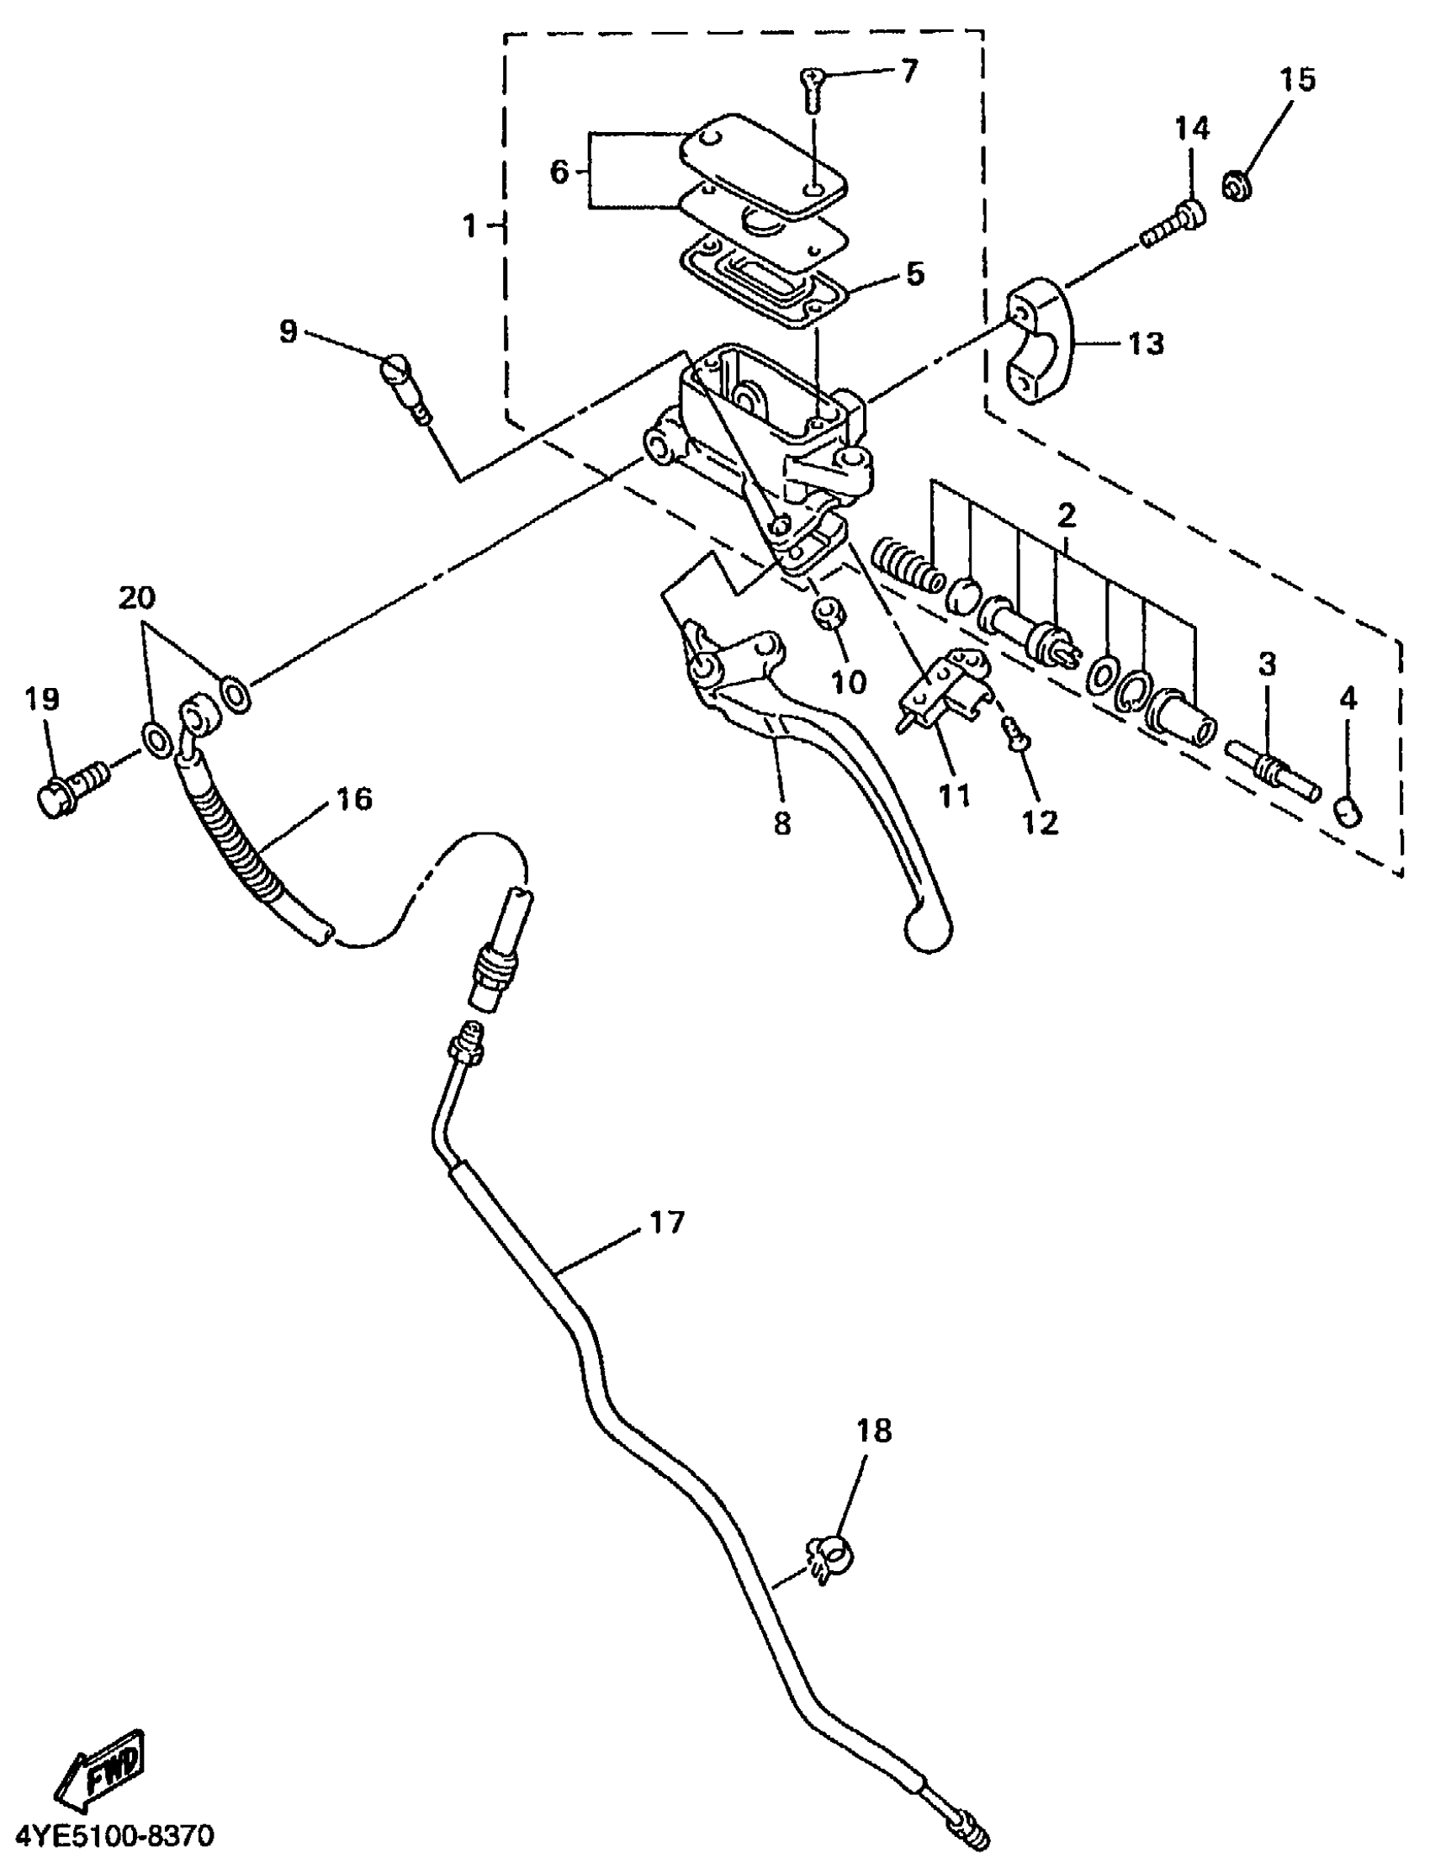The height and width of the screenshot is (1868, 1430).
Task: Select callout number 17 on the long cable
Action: (666, 1223)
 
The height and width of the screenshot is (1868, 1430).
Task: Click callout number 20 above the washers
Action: (137, 598)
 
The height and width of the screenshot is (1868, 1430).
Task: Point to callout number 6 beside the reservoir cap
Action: (559, 172)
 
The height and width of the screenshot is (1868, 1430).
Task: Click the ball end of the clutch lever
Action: (926, 930)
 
